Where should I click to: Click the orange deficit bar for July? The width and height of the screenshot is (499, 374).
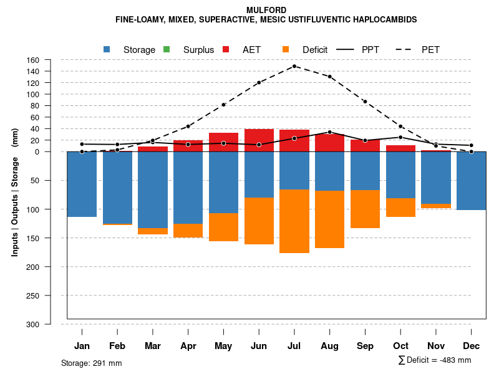pos(294,221)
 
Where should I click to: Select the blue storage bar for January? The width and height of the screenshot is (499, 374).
pos(82,184)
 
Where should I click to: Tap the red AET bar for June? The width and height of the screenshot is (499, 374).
pos(259,140)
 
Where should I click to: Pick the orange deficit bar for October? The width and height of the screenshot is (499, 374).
pos(400,208)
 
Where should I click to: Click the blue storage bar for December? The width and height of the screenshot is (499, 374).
pos(472,181)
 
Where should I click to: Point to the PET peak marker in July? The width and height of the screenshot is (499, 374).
pos(294,66)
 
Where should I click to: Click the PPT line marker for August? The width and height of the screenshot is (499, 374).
pos(329,132)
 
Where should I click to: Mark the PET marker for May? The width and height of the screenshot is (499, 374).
pos(223,105)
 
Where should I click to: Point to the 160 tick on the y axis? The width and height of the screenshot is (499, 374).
pos(34,60)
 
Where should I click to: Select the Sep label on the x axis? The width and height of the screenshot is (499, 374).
pos(365,346)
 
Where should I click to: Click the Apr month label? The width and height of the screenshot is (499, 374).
pos(188,346)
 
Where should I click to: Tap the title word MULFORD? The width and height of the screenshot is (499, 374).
pos(266,10)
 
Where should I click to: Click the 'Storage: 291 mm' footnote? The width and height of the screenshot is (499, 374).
pos(91,363)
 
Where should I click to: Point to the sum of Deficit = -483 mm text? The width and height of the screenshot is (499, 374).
pos(435,360)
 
